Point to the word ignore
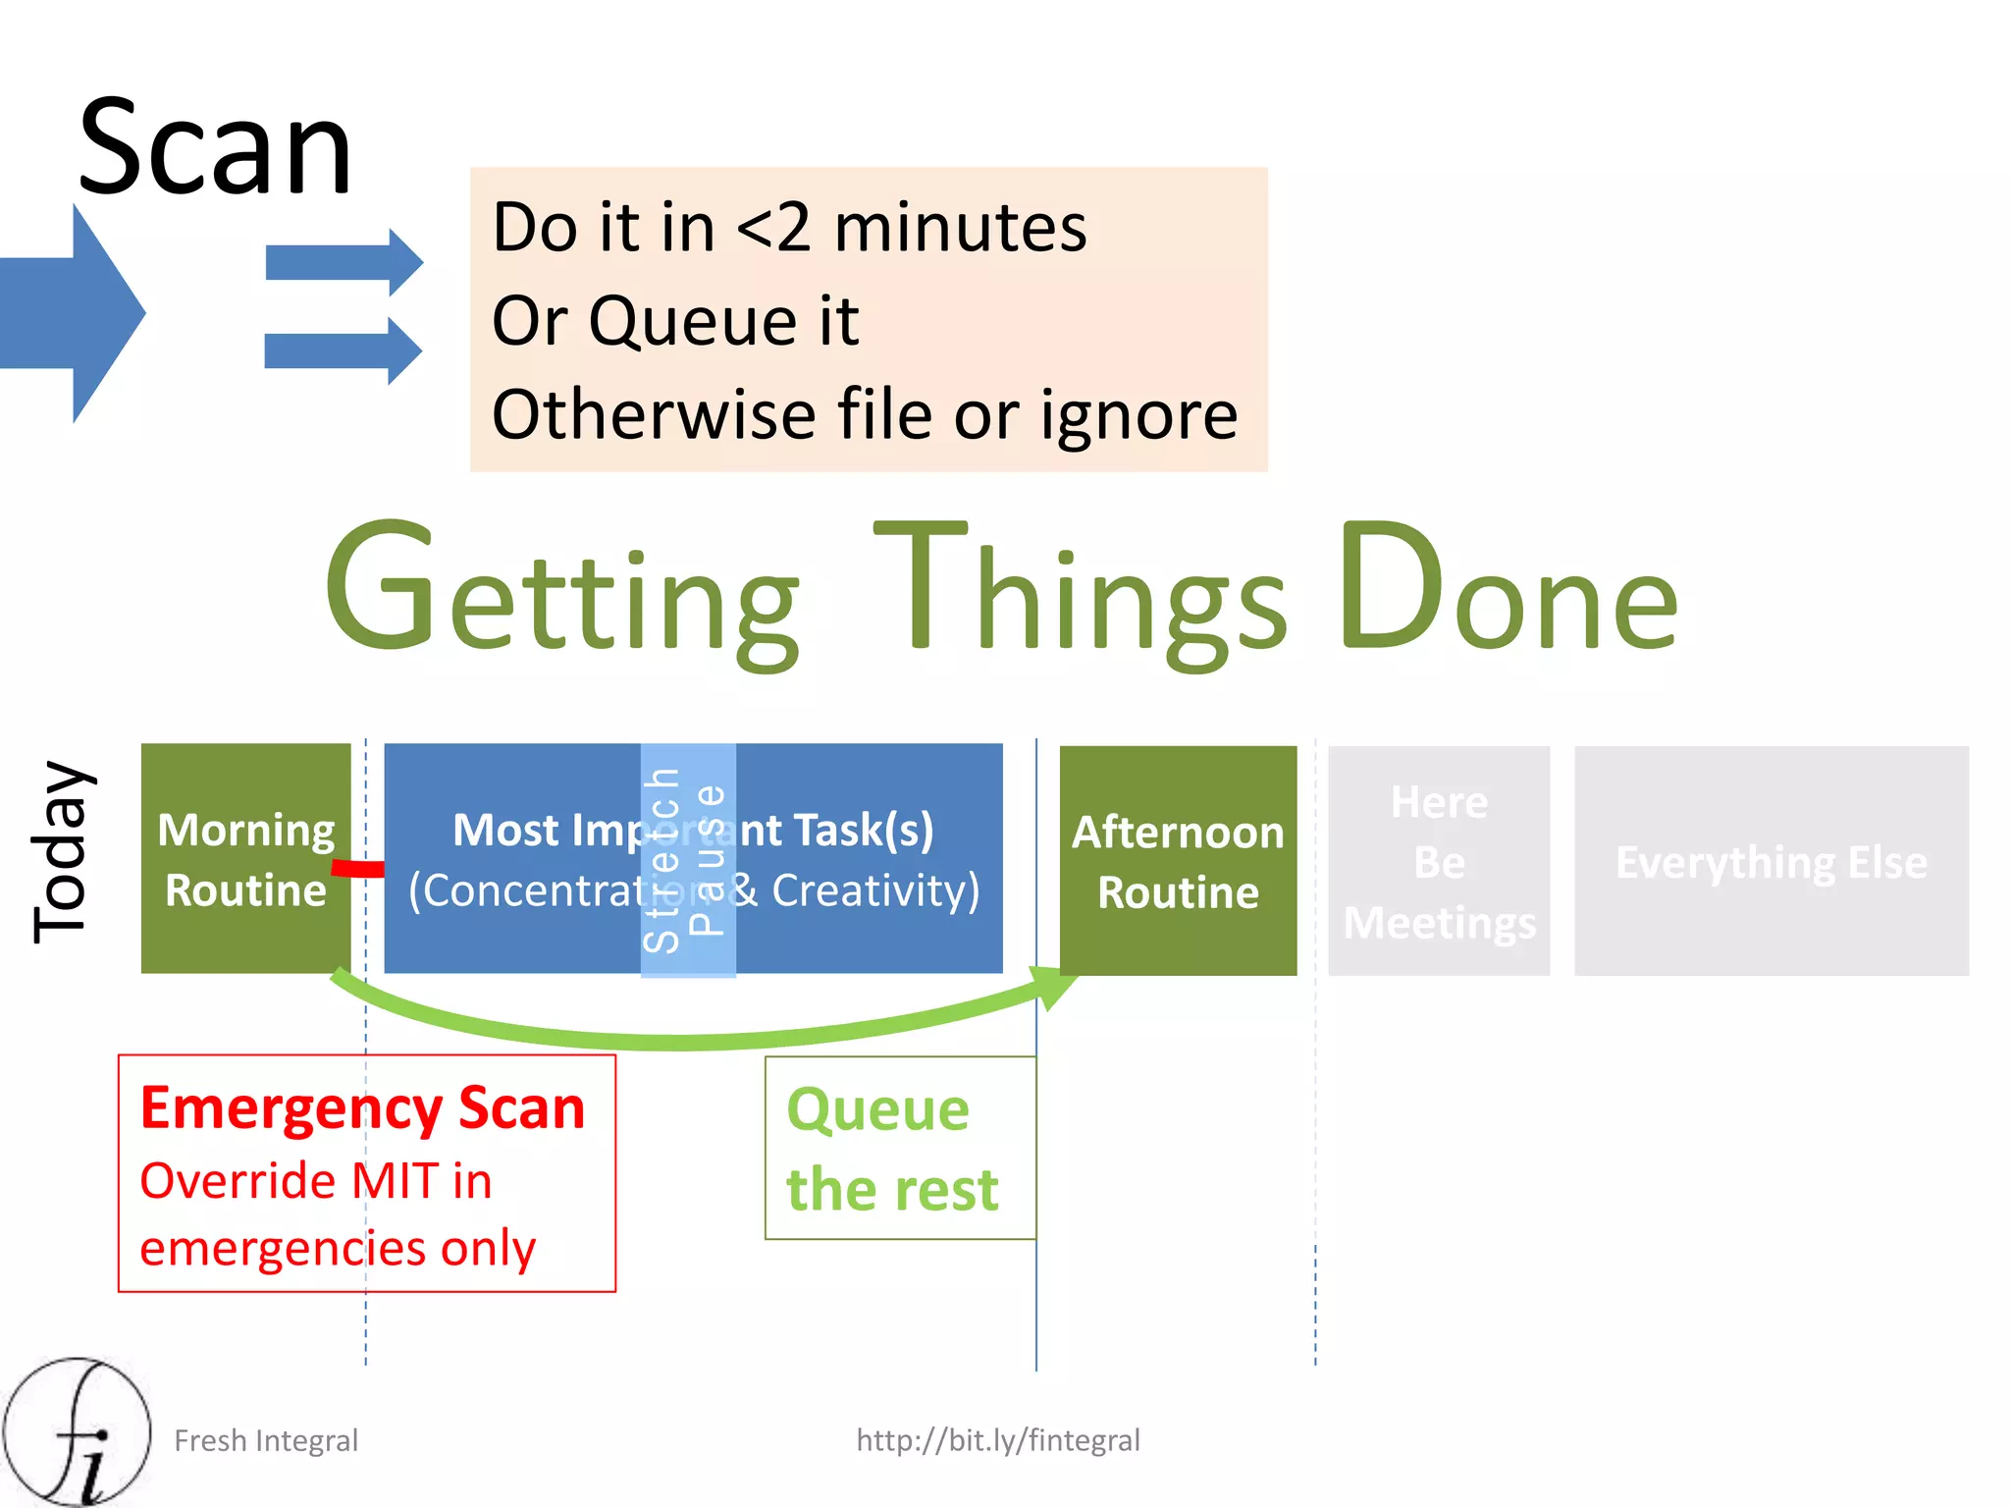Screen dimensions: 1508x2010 (1138, 416)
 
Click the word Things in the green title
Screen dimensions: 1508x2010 (1080, 589)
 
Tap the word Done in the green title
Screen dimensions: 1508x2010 (1507, 589)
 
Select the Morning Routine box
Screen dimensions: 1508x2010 (245, 858)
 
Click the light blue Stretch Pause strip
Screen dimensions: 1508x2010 (688, 860)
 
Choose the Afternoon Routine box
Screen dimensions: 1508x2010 (1178, 860)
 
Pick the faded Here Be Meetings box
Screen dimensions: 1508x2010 (1439, 861)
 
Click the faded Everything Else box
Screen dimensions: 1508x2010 (1771, 861)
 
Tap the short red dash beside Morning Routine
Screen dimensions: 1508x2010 (358, 869)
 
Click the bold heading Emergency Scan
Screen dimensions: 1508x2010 (362, 1108)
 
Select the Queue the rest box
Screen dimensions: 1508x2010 (900, 1148)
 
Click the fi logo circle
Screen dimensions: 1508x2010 (77, 1431)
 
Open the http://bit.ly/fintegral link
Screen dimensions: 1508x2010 (997, 1440)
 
